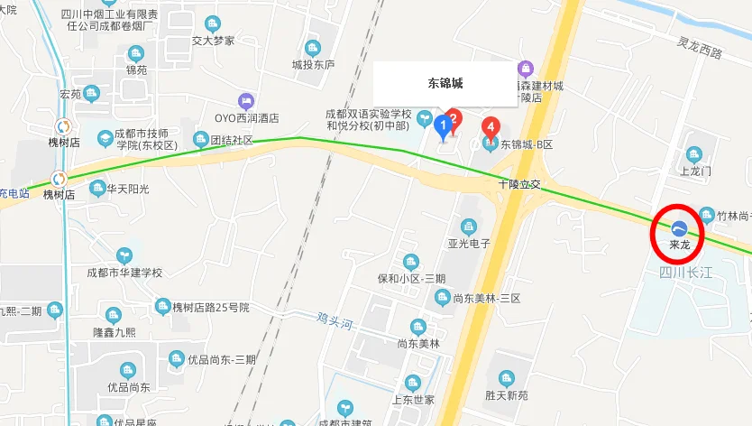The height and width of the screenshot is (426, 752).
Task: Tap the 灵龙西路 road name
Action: click(701, 52)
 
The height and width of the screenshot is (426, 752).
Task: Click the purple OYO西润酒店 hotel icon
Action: click(246, 101)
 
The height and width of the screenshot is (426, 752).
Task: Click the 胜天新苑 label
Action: click(506, 395)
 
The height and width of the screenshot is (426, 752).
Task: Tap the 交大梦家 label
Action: click(213, 41)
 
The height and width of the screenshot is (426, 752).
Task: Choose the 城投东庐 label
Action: click(313, 64)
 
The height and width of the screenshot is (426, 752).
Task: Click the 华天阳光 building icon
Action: click(97, 189)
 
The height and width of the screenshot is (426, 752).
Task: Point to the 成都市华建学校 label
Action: click(124, 273)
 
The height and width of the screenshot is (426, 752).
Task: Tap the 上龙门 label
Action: click(695, 171)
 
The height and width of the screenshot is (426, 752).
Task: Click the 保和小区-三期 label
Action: click(411, 279)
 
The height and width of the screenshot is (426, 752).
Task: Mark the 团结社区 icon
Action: click(200, 140)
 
